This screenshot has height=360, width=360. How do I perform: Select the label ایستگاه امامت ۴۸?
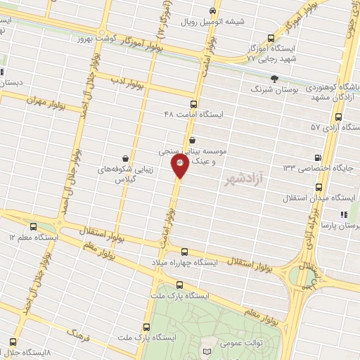pyautogui.click(x=193, y=113)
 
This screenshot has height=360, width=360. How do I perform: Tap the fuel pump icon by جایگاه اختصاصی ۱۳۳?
pyautogui.click(x=319, y=157)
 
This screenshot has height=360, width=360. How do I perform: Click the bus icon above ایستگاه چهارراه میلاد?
pyautogui.click(x=184, y=251)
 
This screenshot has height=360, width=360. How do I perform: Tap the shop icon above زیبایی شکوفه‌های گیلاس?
pyautogui.click(x=125, y=157)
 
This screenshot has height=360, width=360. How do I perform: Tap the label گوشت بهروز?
pyautogui.click(x=94, y=39)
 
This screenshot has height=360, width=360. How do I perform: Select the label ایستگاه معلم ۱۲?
pyautogui.click(x=32, y=238)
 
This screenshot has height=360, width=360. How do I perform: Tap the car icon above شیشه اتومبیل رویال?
pyautogui.click(x=213, y=11)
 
